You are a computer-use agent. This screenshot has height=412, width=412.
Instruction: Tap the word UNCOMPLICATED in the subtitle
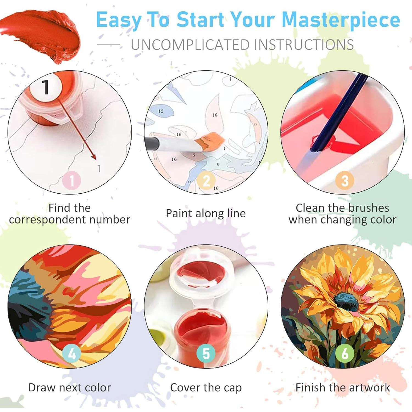190,45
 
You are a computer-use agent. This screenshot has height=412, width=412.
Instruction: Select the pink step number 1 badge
72,181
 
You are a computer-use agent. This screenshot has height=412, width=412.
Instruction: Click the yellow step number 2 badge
206,181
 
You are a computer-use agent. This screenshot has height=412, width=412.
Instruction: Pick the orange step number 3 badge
345,181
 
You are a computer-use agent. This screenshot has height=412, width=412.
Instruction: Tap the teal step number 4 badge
72,354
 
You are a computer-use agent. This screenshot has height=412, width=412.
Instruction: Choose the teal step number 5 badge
206,354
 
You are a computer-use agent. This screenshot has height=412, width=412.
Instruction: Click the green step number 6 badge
345,354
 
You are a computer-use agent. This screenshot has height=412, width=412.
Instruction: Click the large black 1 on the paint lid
46,87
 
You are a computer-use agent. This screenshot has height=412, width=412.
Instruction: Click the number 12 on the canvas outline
161,111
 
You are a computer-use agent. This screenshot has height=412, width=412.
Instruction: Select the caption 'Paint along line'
206,213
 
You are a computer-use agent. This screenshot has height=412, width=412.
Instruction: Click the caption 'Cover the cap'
206,388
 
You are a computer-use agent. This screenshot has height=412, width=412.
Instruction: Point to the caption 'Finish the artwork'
343,388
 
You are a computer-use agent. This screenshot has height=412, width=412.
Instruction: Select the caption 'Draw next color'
69,388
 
